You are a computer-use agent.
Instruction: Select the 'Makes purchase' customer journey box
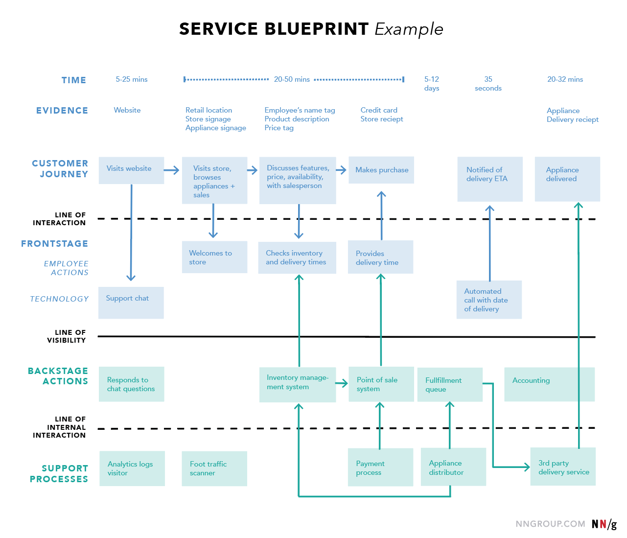click(381, 170)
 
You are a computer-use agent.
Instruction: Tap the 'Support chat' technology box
click(131, 303)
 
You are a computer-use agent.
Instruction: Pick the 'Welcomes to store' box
click(214, 257)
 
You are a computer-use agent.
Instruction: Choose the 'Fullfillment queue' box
click(450, 385)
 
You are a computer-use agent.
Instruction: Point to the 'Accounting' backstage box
click(549, 384)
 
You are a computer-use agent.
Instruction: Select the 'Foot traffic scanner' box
click(214, 468)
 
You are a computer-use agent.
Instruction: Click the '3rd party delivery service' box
click(563, 467)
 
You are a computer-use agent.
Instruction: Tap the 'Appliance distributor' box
click(453, 468)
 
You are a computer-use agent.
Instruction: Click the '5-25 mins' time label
click(131, 79)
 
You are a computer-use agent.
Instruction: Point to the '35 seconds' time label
click(488, 84)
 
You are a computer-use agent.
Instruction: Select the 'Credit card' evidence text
click(379, 110)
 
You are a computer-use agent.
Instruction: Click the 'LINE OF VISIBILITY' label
click(67, 336)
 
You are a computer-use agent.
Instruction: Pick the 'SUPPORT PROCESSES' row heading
click(59, 473)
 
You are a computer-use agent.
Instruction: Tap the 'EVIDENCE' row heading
click(62, 111)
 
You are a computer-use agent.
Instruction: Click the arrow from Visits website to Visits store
click(172, 170)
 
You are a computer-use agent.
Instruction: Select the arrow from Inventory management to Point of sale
click(342, 383)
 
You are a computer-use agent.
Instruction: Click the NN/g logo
click(604, 524)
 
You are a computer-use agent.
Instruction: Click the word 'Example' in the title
click(409, 29)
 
